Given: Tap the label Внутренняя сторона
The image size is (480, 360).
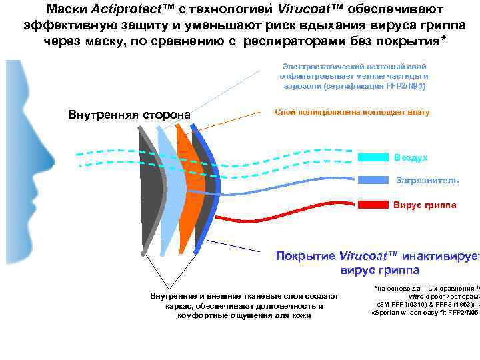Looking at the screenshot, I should point(129,115).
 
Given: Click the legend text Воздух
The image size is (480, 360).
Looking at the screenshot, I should point(411,157).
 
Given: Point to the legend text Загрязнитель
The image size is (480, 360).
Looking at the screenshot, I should point(427,180).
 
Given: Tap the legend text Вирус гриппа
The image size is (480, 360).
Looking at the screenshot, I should point(425,205).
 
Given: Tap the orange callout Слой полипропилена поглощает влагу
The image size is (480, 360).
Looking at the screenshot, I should point(352,112).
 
